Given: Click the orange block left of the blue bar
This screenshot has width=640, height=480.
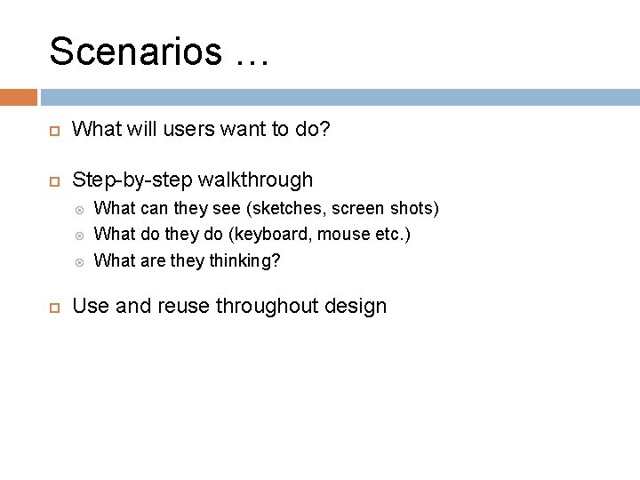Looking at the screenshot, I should (x=19, y=97).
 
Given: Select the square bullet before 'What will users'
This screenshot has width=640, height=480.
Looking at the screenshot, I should (x=53, y=131).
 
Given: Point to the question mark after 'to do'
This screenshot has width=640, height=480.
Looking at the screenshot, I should (x=324, y=130).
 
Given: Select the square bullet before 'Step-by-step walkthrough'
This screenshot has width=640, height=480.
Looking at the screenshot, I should (x=53, y=180).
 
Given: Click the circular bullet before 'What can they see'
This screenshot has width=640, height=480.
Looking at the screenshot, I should (x=79, y=210).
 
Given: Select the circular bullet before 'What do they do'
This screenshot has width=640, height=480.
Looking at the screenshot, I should (x=79, y=236).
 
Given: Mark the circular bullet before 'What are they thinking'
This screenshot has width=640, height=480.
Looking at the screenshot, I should (x=79, y=261).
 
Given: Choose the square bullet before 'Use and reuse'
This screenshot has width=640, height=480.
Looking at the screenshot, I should (x=53, y=307).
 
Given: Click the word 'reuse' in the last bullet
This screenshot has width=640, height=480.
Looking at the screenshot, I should (x=183, y=307).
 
